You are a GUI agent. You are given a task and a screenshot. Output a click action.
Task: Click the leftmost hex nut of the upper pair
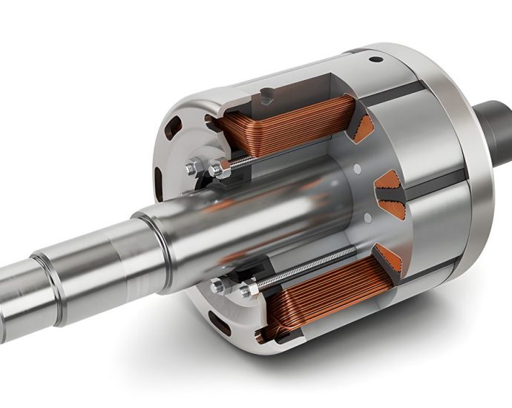click(192, 168)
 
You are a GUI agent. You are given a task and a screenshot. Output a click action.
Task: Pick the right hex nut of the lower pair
click(246, 291)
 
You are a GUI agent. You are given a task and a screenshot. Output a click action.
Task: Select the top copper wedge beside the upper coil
click(363, 128)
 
